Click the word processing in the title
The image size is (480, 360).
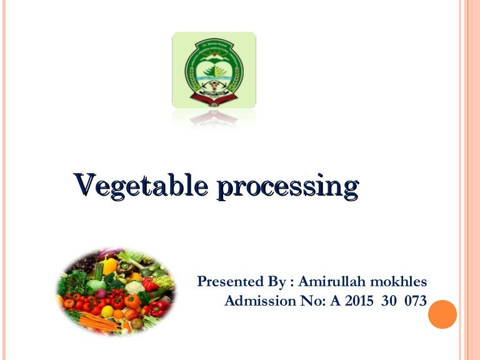(287, 187)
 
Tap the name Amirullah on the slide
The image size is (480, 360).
(331, 282)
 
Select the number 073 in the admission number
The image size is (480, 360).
(415, 301)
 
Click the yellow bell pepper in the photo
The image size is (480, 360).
(110, 266)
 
